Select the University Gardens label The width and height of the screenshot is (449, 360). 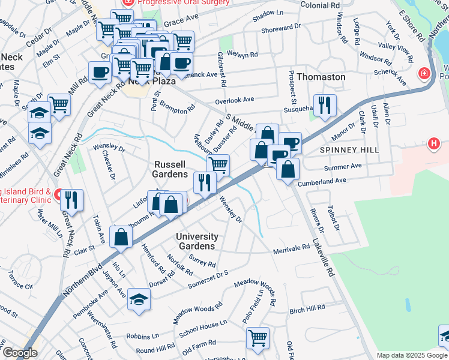pos(197,241)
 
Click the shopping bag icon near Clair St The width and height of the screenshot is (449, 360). pos(121,236)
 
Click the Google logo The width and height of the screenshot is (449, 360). pos(20,353)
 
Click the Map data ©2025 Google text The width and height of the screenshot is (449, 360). pos(411,355)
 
